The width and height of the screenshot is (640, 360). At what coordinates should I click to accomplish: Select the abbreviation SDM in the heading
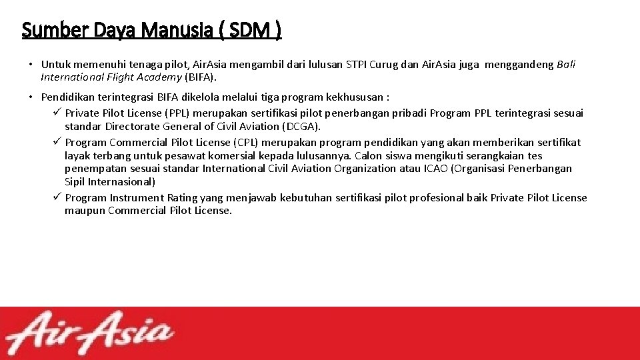click(x=257, y=30)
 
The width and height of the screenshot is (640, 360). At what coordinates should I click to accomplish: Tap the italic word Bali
click(x=566, y=65)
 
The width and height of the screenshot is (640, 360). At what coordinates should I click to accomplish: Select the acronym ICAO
click(x=436, y=168)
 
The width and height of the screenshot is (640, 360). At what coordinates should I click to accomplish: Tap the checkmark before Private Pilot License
click(x=57, y=113)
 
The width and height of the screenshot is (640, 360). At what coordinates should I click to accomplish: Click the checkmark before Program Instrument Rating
click(x=57, y=197)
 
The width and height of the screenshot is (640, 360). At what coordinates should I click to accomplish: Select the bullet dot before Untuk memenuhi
click(x=31, y=65)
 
